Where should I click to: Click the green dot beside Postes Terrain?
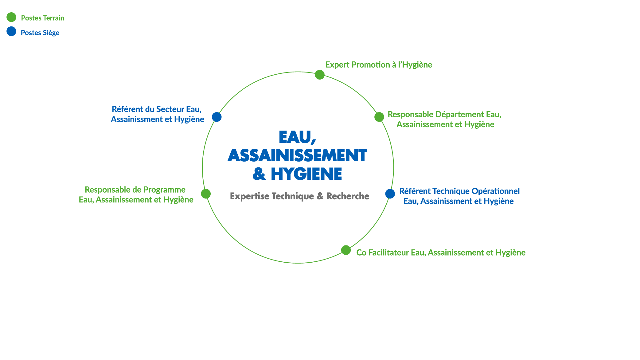click(x=11, y=17)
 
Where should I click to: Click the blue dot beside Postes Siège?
click(x=11, y=31)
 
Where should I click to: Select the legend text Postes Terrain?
click(x=43, y=18)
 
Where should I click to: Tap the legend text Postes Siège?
click(x=40, y=33)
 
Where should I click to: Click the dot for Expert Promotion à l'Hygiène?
click(x=320, y=75)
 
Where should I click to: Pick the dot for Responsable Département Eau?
click(x=379, y=117)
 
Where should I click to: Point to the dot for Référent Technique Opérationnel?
click(x=390, y=194)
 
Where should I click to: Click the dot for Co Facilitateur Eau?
click(x=346, y=250)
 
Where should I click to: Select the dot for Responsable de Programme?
click(x=206, y=194)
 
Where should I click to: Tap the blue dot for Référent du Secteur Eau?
click(x=217, y=117)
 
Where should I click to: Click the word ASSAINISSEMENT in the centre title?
click(x=297, y=155)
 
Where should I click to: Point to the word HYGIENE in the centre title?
click(x=306, y=174)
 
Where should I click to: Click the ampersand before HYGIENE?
click(x=259, y=174)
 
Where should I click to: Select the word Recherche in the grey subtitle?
click(x=348, y=196)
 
